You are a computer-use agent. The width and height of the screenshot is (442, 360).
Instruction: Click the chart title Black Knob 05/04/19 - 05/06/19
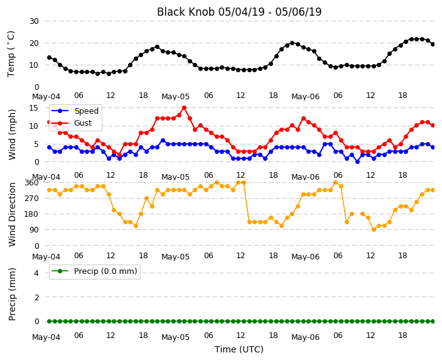pos(239,12)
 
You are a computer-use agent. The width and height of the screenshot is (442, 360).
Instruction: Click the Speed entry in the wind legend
pos(75,111)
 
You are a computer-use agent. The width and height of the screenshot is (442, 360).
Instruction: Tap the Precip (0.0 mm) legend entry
pos(95,271)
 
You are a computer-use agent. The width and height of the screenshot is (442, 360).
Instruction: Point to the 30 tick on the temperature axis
pos(34,21)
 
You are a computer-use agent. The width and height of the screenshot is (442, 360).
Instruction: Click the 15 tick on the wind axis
pos(34,108)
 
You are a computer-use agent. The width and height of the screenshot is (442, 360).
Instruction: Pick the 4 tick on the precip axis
pos(36,273)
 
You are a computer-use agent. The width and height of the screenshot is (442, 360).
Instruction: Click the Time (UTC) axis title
pos(239,349)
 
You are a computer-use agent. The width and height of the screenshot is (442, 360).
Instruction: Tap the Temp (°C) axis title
pos(11,54)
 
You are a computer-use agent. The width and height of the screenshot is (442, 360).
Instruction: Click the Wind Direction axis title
pos(12,214)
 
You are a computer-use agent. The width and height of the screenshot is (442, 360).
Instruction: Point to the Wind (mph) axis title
pos(12,134)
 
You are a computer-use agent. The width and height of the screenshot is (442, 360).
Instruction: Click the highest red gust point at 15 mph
pos(185,108)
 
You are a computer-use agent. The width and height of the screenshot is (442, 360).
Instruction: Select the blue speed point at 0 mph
pos(357,162)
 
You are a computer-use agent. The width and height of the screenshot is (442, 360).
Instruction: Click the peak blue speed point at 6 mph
pos(163,141)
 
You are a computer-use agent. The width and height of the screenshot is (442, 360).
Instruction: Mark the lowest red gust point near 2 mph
pos(119,155)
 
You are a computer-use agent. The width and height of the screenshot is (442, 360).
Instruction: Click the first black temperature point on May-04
pos(50,58)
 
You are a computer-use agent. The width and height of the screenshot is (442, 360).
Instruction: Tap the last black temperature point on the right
pos(433,45)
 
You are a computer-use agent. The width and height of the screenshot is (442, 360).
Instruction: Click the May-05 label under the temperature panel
pos(175,97)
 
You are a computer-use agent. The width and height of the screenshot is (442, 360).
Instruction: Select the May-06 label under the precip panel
pos(305,337)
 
